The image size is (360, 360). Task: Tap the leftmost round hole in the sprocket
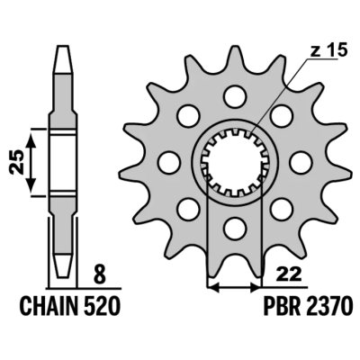tap(166, 161)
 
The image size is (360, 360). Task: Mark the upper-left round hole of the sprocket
tap(188, 115)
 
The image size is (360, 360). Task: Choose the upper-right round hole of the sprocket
tap(280, 115)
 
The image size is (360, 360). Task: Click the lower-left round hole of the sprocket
tap(188, 208)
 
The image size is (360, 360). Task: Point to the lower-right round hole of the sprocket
tap(280, 208)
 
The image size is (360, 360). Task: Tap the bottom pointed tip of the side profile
tap(62, 274)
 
